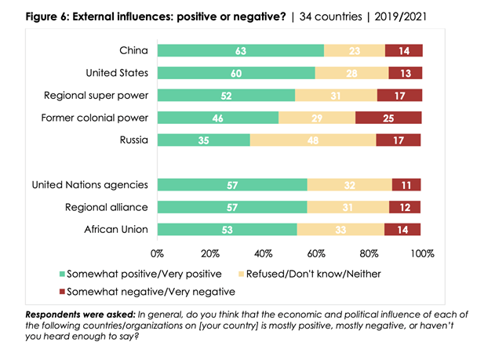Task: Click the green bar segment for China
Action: click(x=240, y=51)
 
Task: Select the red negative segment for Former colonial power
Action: click(x=388, y=118)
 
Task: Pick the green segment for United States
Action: click(x=236, y=74)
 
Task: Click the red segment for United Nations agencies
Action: click(x=406, y=185)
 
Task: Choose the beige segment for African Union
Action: click(x=340, y=230)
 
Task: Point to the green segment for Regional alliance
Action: click(x=232, y=208)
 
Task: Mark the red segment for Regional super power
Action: click(x=399, y=96)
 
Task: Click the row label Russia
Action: click(x=131, y=141)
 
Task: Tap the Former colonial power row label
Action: click(x=100, y=118)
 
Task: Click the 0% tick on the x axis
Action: click(x=158, y=254)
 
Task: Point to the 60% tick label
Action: click(x=316, y=254)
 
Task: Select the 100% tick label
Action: click(x=422, y=254)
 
